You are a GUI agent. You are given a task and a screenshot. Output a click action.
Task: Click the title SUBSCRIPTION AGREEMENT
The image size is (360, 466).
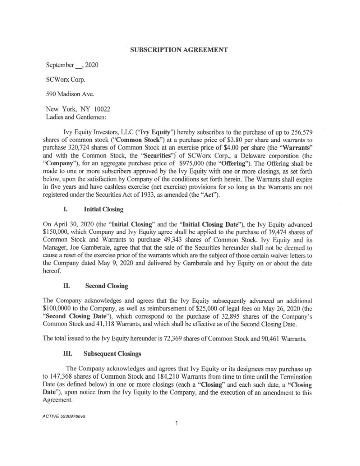(179, 49)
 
